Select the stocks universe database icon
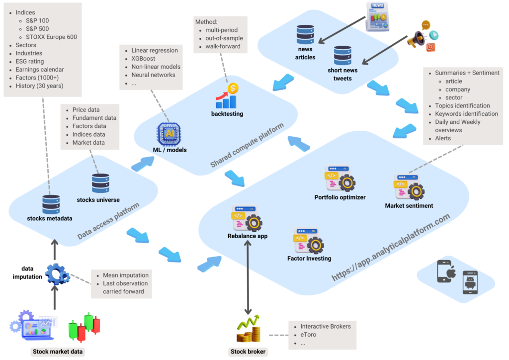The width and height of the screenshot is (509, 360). pos(101,183)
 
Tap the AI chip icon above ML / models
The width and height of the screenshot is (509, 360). pos(169,133)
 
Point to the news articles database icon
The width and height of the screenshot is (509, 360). pos(305,35)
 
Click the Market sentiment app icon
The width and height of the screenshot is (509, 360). pos(409,187)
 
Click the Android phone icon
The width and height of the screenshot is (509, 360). pos(470,282)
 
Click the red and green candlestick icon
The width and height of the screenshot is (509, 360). pos(84,326)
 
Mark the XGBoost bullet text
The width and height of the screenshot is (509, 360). pos(143,59)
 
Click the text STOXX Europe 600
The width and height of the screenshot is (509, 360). pos(51,37)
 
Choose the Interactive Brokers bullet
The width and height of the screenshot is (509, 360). pos(325,327)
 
